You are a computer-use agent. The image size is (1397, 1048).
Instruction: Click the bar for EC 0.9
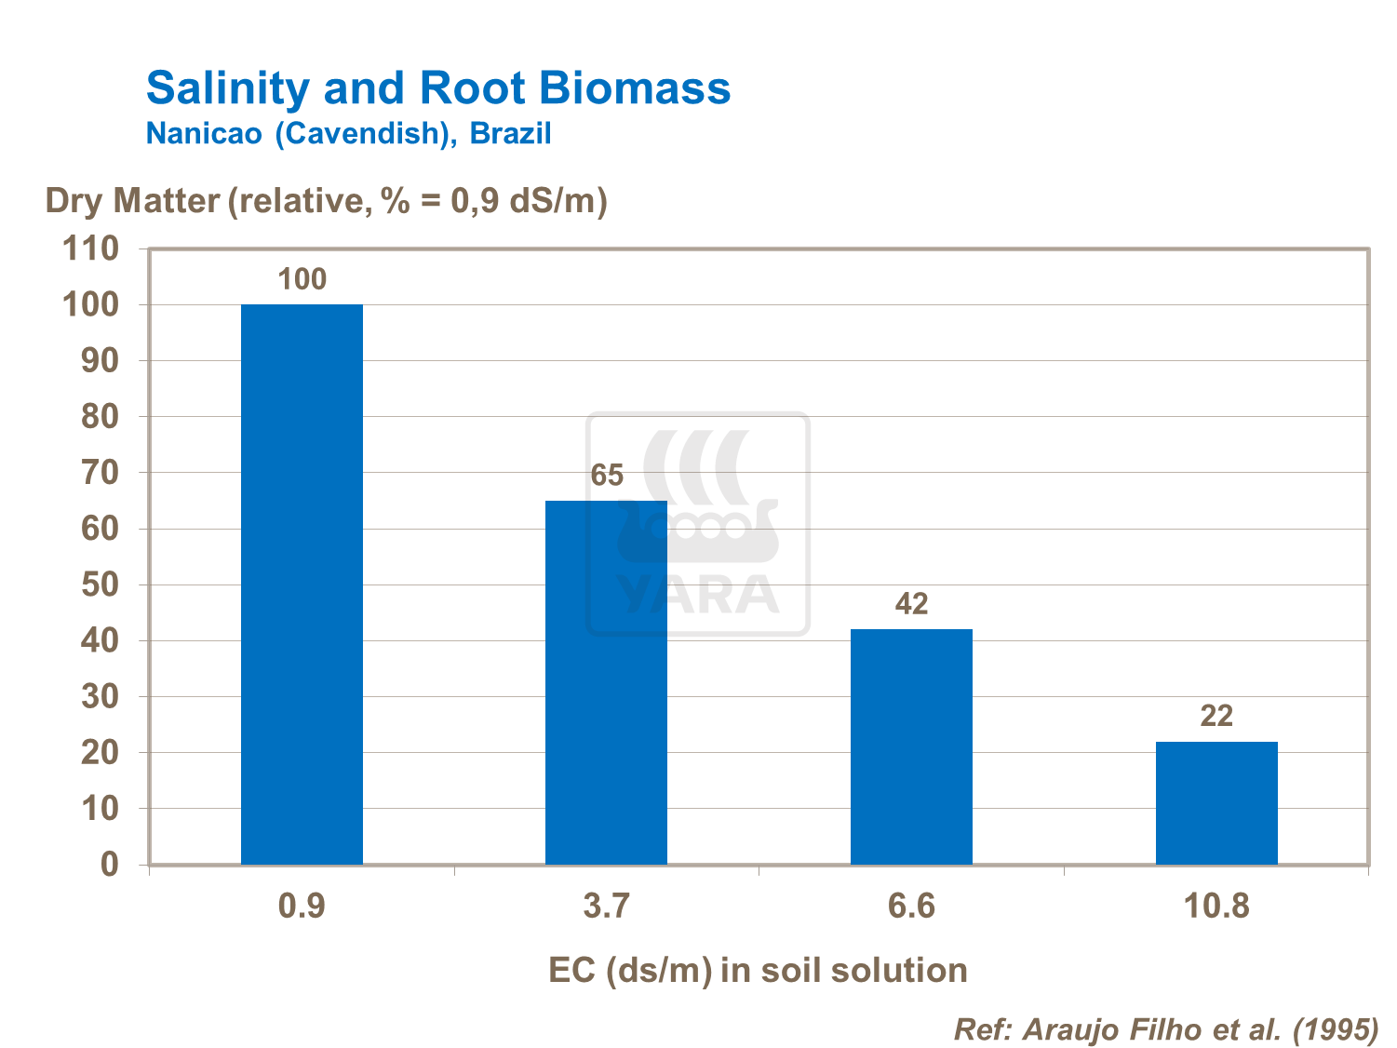point(302,584)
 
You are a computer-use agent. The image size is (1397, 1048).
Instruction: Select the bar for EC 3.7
point(606,682)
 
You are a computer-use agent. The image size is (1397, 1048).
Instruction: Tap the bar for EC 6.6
point(911,746)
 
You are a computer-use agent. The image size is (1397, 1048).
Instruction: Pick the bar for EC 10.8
point(1216,802)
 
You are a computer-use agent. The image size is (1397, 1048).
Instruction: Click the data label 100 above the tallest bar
point(302,279)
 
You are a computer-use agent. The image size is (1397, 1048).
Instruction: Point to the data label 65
point(607,476)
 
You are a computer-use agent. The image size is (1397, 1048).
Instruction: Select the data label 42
point(912,604)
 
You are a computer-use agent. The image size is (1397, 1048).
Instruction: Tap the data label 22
point(1216,716)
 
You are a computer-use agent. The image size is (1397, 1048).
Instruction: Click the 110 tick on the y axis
point(90,249)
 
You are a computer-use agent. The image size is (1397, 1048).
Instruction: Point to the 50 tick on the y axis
point(100,584)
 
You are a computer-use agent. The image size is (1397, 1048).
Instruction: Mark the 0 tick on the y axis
point(110,865)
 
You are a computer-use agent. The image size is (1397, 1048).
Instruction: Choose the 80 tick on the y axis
point(100,417)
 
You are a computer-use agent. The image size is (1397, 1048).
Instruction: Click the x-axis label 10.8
point(1216,906)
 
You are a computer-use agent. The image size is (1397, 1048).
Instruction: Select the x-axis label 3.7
point(607,906)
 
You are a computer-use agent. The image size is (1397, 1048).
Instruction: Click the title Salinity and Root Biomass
point(438,88)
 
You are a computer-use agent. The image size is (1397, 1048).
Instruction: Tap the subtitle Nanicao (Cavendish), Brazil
point(349,133)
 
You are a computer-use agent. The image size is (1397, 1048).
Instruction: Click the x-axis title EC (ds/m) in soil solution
point(758,970)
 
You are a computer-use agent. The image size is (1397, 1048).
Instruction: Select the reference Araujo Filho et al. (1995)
point(1166,1029)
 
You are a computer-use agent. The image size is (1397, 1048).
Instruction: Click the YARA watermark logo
point(698,524)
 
